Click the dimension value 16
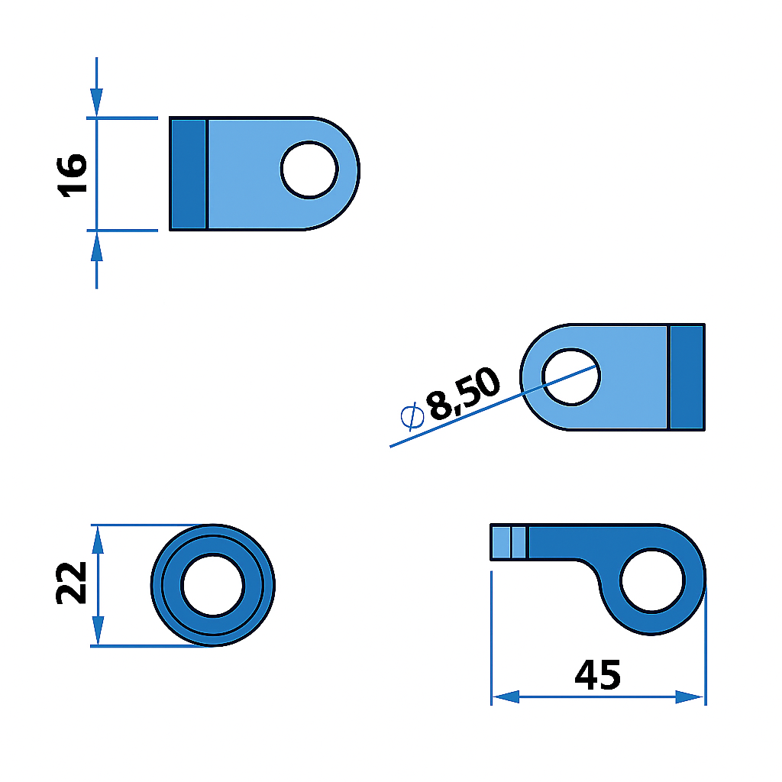tap(73, 175)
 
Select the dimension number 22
tap(73, 584)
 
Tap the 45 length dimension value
tap(598, 674)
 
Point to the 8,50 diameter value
tap(464, 394)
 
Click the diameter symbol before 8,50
tap(412, 416)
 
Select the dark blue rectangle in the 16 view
tap(188, 174)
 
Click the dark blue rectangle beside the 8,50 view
tap(687, 376)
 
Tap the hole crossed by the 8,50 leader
tap(571, 376)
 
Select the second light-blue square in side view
tap(519, 542)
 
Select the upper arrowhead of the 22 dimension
tap(97, 540)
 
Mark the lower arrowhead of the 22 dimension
tap(97, 631)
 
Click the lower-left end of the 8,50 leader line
tap(391, 446)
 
